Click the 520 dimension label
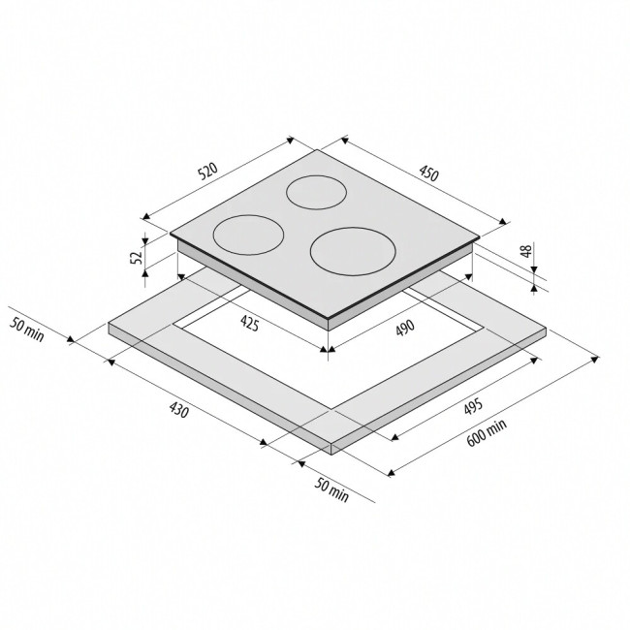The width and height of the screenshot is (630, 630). tap(208, 171)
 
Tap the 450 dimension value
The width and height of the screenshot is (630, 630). tap(429, 173)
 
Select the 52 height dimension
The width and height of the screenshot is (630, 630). tap(137, 257)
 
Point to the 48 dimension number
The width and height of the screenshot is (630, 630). tap(526, 251)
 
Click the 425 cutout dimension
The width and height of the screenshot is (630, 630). tap(249, 323)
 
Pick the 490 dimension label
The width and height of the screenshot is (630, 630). tap(404, 328)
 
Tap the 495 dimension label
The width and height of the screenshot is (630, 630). tap(473, 407)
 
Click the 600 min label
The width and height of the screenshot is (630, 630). tap(487, 432)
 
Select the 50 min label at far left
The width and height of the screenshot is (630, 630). tap(27, 330)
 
